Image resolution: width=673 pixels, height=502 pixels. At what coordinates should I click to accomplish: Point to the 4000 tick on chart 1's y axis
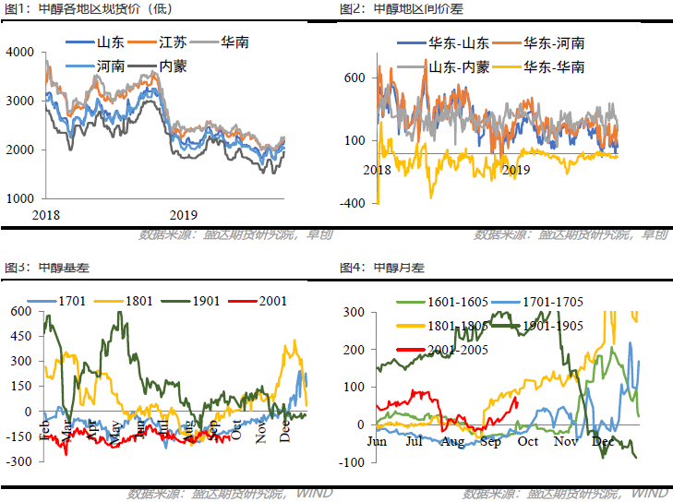click(19, 53)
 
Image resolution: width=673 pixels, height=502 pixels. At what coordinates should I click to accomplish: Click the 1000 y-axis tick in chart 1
click(19, 198)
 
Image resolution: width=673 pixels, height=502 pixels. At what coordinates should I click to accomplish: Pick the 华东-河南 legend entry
click(553, 43)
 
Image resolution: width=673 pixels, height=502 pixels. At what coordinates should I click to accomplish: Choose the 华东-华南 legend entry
click(553, 66)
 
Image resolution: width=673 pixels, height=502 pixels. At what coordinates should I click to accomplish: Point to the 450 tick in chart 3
click(19, 337)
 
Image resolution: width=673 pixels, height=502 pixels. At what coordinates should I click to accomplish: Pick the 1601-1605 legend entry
click(449, 302)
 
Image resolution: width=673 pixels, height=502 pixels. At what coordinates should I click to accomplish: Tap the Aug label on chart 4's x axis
click(452, 442)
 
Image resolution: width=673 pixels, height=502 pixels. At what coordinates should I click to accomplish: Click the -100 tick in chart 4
click(353, 462)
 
